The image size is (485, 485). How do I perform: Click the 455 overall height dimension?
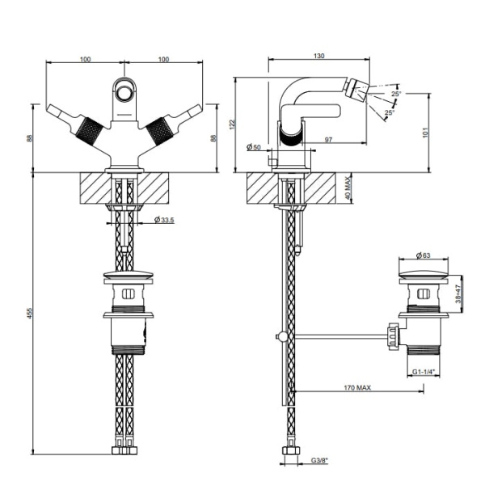point(29,313)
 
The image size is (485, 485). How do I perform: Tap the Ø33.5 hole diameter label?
point(164,220)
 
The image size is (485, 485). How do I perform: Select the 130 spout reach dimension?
point(319,56)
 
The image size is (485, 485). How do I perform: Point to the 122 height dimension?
point(233,124)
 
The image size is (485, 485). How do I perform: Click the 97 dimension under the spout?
point(328,140)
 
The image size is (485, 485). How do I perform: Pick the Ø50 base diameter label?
point(254,146)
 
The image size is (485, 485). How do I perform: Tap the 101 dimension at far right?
point(426,133)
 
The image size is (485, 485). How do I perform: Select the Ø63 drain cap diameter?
point(424,255)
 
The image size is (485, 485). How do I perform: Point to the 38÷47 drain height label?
point(458,293)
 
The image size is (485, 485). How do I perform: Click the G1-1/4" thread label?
point(424,372)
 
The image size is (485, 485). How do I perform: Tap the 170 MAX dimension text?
point(357,387)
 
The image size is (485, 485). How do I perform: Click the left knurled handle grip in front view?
point(89,132)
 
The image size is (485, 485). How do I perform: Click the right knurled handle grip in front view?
point(159,132)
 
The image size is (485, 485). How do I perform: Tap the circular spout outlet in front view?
point(124,93)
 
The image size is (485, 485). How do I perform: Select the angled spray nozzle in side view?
point(357,90)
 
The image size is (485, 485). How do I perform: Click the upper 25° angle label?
point(396,94)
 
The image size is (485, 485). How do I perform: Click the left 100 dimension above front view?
point(86,59)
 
